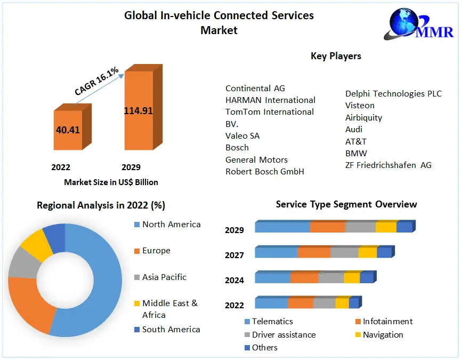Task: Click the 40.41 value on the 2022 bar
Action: point(68,130)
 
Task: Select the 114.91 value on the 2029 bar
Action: point(139,111)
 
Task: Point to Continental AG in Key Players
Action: point(255,88)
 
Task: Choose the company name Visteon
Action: point(360,106)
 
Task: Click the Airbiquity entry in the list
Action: point(363,117)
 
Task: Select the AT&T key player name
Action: point(356,141)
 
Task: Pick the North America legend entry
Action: point(171,225)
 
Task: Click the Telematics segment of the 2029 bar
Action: point(282,227)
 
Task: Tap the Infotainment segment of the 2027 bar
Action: point(314,252)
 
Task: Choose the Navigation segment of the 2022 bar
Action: point(342,303)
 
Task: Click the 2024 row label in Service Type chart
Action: point(234,280)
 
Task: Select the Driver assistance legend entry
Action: point(283,335)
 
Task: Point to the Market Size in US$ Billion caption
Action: point(111,182)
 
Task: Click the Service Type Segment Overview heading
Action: point(346,204)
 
